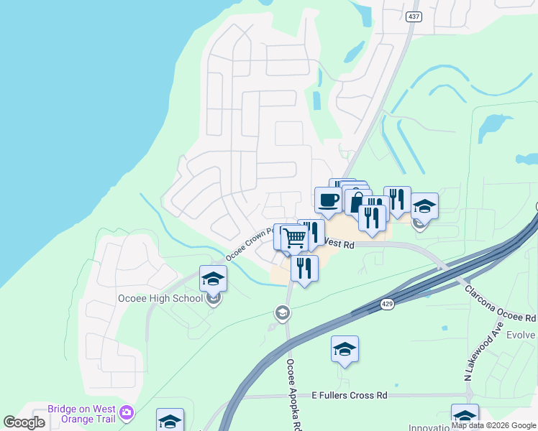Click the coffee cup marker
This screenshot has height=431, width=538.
tap(328, 200)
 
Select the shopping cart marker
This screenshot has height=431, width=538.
tap(294, 238)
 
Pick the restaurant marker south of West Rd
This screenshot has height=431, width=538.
tap(304, 269)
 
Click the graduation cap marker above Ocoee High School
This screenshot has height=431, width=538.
tap(213, 279)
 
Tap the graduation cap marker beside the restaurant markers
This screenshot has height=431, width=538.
tap(424, 206)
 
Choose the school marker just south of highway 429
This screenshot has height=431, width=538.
tap(345, 349)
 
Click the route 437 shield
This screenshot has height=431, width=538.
tap(413, 17)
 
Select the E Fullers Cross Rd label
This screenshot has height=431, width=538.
tap(350, 395)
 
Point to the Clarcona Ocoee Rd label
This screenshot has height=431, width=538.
tap(500, 303)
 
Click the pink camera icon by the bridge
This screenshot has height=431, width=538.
tap(127, 412)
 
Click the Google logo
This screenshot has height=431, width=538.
tap(24, 422)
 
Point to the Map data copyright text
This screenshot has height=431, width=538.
tap(493, 425)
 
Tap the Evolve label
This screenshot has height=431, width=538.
tap(522, 335)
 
